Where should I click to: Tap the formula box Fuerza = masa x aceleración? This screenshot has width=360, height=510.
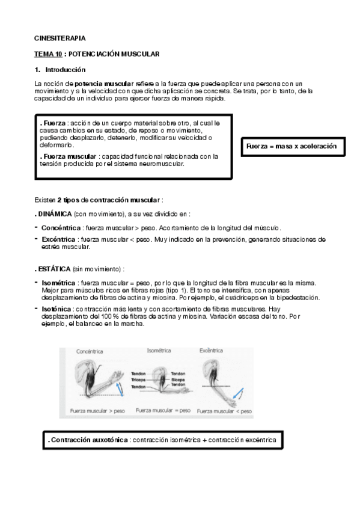click(291, 146)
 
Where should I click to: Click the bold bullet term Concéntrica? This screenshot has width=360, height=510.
click(61, 228)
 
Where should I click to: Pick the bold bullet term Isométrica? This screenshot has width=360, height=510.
click(59, 283)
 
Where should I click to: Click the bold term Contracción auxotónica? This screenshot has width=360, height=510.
click(89, 440)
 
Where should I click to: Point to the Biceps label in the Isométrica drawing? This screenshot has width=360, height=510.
click(178, 379)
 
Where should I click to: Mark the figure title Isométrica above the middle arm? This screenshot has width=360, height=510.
click(159, 350)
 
